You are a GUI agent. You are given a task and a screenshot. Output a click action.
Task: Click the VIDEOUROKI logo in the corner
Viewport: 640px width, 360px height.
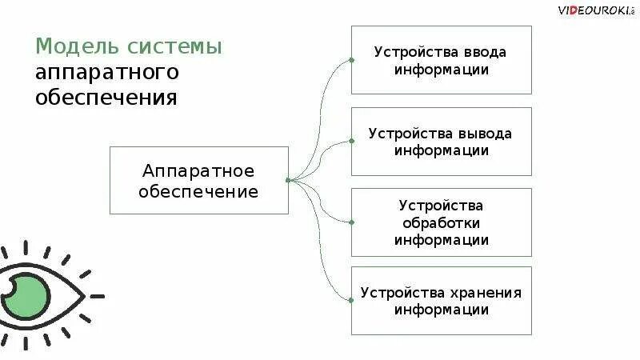point(595,10)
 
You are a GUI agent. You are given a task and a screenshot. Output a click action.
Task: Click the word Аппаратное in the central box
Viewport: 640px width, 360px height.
point(198,170)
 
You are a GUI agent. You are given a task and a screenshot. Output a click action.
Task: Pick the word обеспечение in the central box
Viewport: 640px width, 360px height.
point(198,192)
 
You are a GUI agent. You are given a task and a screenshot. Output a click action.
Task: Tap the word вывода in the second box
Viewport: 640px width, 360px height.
point(485,134)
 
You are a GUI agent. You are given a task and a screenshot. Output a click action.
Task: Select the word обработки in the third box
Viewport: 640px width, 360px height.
point(441,222)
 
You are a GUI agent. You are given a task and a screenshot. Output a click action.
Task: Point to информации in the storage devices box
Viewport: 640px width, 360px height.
point(441,310)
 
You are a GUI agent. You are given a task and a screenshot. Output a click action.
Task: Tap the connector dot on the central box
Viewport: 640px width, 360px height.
point(288,180)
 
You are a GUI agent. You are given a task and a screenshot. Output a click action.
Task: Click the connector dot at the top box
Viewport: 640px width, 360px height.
point(351,59)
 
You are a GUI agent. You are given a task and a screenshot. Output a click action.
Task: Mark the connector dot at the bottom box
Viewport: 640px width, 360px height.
point(351,300)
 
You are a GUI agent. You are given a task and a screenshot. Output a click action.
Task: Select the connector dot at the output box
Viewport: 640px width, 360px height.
point(351,141)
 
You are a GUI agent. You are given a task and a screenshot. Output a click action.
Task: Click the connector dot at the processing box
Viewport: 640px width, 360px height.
point(351,221)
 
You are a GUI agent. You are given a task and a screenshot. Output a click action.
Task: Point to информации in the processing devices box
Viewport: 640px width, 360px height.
point(441,239)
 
